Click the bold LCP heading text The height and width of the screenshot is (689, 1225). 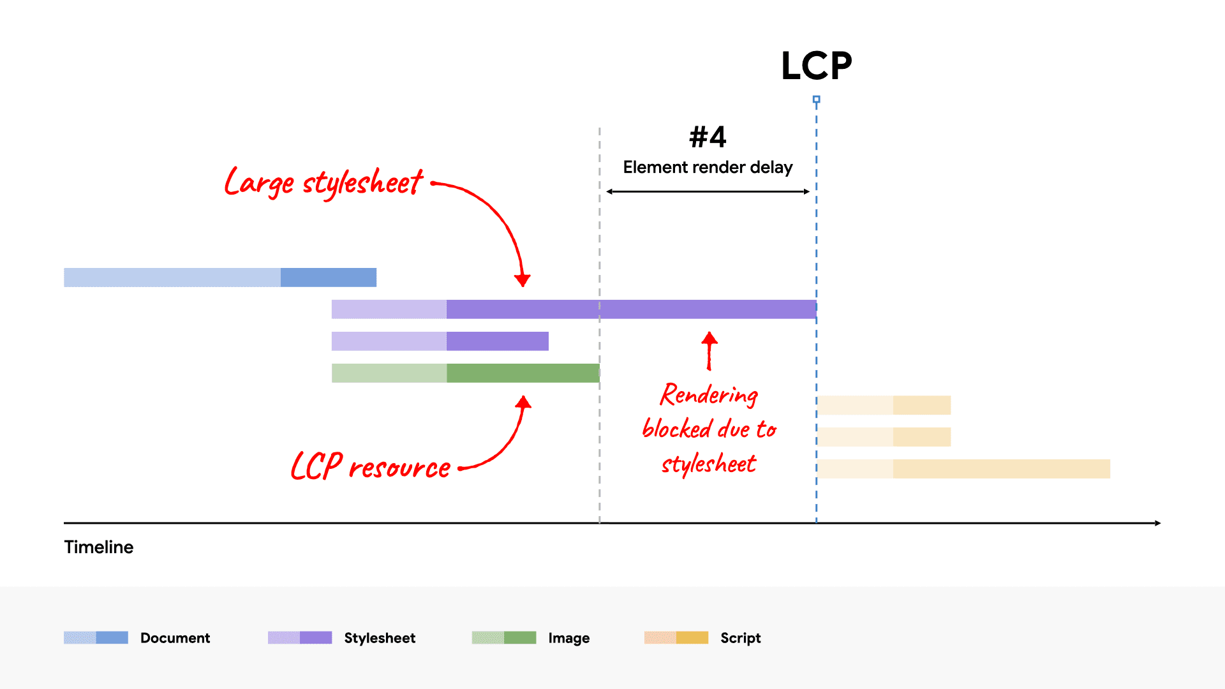click(816, 66)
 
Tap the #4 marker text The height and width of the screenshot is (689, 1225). click(708, 137)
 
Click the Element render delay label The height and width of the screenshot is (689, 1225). click(708, 167)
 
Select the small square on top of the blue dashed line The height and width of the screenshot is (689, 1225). click(816, 100)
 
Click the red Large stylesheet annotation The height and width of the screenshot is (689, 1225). click(323, 182)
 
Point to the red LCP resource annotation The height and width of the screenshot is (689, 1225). click(370, 466)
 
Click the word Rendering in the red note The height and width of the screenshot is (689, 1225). click(709, 395)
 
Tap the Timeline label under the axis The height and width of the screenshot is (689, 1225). click(99, 547)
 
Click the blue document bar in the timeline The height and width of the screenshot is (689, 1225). click(220, 278)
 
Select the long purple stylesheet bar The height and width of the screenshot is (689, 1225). click(574, 309)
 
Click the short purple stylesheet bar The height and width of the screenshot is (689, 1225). click(440, 341)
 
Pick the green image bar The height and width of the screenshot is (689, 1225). click(466, 373)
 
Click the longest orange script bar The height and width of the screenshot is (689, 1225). click(963, 469)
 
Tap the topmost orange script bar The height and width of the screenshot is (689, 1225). click(884, 405)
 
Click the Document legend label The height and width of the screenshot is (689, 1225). click(175, 638)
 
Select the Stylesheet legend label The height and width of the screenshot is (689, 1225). click(380, 638)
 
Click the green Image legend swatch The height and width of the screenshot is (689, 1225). click(504, 638)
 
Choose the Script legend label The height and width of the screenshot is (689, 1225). click(740, 638)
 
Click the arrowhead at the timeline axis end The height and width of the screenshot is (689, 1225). click(1157, 523)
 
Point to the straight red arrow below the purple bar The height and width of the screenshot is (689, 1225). click(709, 351)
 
